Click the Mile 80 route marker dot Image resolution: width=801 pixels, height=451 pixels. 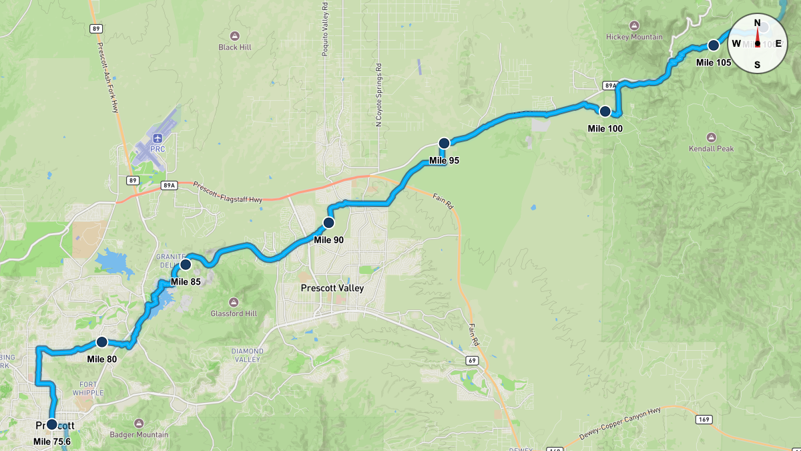(102, 342)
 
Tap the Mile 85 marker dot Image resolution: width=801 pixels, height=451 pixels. (186, 265)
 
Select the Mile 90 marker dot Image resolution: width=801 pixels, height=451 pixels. (328, 222)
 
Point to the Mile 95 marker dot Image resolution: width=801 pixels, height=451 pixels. (444, 143)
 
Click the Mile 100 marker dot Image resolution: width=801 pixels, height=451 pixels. (605, 112)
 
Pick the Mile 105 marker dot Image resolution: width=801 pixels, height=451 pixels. (713, 45)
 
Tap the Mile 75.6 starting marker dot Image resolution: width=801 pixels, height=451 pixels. (52, 424)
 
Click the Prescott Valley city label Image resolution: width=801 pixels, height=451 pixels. (332, 289)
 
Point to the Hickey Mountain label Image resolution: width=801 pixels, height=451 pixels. (634, 37)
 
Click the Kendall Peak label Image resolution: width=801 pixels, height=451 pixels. (712, 148)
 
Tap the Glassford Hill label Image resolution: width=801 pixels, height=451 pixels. (233, 313)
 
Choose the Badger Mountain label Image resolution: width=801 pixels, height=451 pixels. (139, 435)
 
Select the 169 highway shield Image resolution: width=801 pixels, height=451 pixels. (706, 420)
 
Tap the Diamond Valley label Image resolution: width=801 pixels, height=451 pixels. (246, 355)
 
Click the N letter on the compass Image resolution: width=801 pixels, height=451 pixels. (757, 23)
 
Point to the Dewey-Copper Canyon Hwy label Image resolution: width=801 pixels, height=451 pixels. (613, 425)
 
